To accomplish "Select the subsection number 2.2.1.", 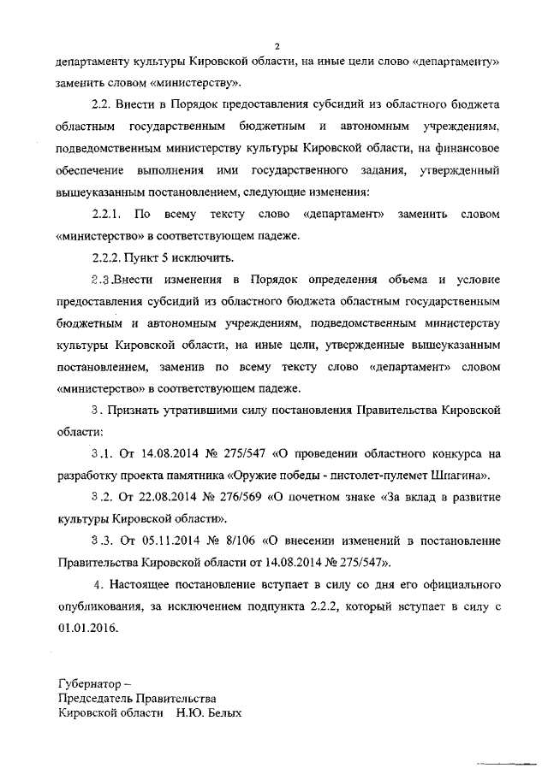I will (109, 211).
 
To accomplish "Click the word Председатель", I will (103, 698).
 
